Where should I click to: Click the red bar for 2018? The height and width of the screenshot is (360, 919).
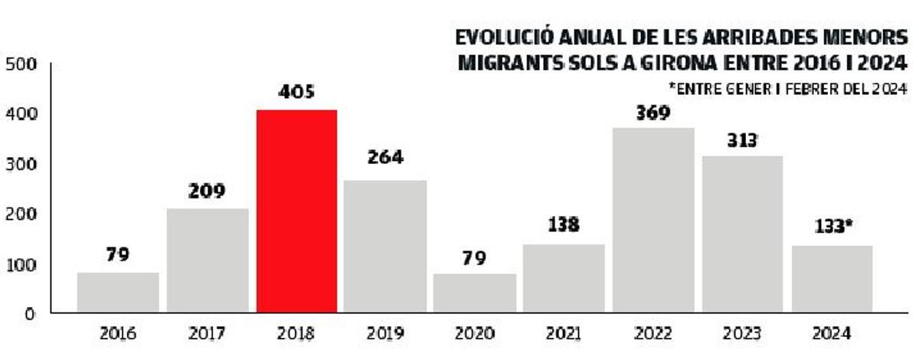click(x=296, y=211)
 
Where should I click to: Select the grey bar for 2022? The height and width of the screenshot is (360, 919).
click(x=653, y=221)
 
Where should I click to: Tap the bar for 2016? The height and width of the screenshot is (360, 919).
click(x=118, y=293)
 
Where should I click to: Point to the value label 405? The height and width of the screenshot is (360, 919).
click(x=296, y=93)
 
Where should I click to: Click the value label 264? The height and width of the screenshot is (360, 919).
click(x=385, y=158)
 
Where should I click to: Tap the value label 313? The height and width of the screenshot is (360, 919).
click(x=742, y=140)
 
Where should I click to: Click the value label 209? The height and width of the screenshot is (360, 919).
click(x=207, y=191)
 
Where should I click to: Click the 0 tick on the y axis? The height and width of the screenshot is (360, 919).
click(x=28, y=313)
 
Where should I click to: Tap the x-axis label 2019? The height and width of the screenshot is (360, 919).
click(x=385, y=334)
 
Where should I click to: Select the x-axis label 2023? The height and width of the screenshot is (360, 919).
click(x=742, y=334)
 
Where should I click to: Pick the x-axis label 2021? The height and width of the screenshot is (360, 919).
click(x=564, y=334)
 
